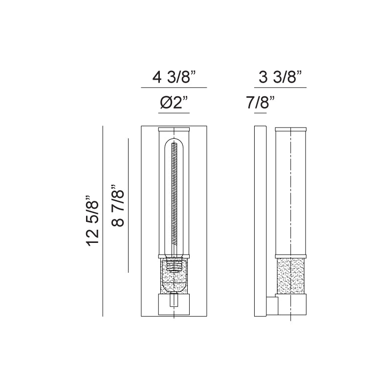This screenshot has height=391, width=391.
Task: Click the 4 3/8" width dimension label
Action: click(x=174, y=77)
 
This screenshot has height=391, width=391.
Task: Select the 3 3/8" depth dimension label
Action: click(x=280, y=77)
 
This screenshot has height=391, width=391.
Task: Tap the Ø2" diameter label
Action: click(x=174, y=103)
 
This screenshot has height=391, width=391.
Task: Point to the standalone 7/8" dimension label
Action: click(x=261, y=103)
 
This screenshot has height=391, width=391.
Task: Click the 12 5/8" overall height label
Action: click(x=92, y=221)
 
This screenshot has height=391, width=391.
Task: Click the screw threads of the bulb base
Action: click(x=174, y=265)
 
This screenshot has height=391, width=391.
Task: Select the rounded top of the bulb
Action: click(x=174, y=143)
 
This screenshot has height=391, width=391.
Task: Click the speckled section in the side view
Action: click(x=290, y=276)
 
